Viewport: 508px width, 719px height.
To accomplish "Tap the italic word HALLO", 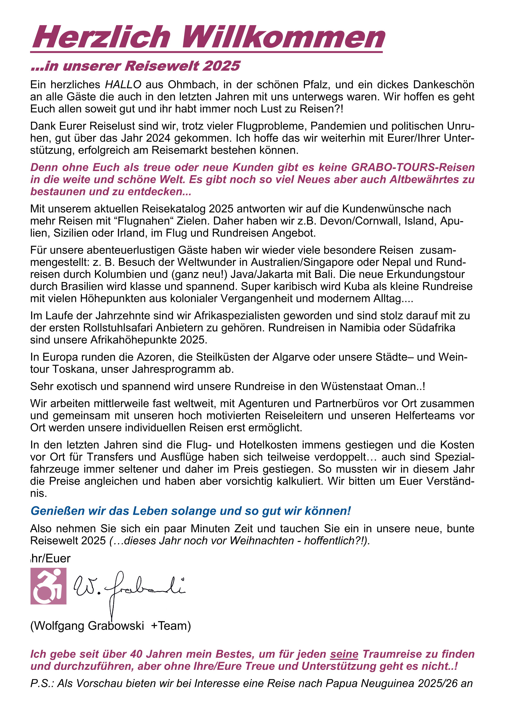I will tap(123, 85).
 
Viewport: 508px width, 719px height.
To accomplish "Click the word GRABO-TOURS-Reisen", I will tap(413, 168).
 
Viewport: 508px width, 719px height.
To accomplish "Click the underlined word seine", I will tap(344, 654).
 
